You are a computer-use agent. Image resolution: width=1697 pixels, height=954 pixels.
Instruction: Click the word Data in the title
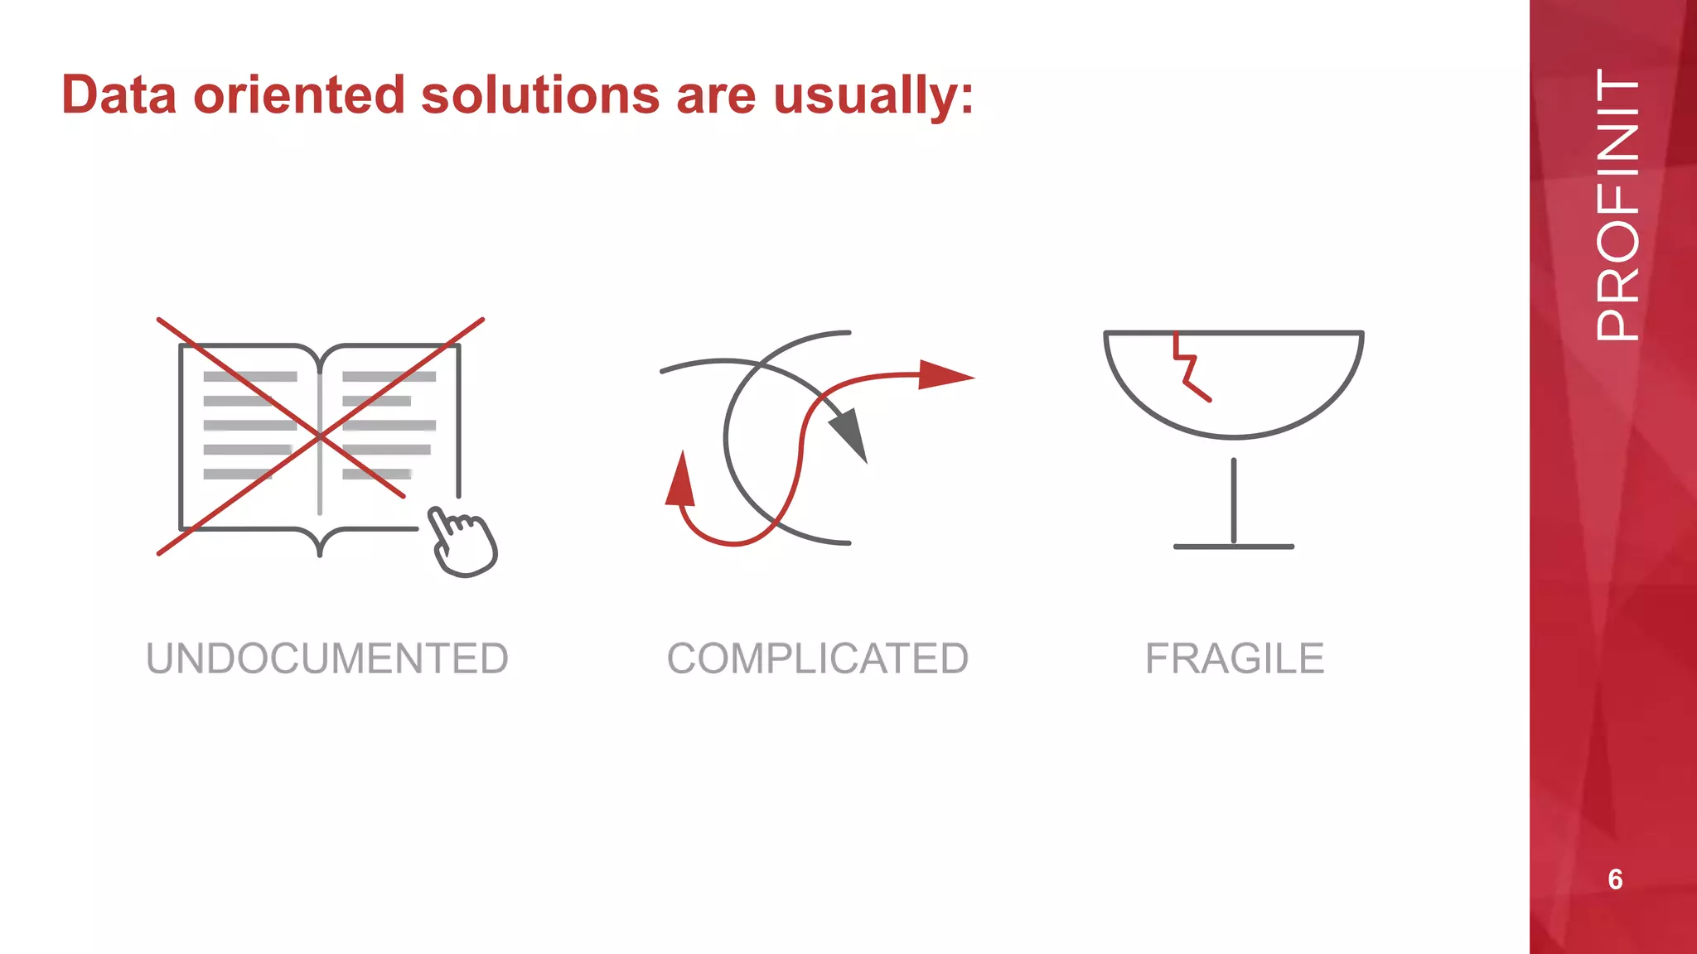[118, 95]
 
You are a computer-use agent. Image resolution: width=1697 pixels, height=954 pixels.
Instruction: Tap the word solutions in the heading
[540, 95]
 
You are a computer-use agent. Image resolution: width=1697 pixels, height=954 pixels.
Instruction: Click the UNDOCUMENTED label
[327, 659]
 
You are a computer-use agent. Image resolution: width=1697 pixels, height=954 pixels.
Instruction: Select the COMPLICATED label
[818, 659]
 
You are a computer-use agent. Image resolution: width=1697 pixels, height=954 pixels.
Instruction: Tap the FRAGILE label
[1235, 659]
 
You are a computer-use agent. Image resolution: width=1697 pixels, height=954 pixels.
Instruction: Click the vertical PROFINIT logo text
[1617, 205]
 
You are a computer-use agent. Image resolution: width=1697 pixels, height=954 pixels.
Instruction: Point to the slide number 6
[1615, 879]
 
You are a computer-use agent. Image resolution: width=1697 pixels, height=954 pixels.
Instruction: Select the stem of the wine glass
[1234, 501]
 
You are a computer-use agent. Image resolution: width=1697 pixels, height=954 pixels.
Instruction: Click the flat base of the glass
[1234, 547]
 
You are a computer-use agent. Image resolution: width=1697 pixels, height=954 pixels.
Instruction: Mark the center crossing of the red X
[320, 436]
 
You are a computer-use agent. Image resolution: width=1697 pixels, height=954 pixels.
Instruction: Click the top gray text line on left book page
[250, 377]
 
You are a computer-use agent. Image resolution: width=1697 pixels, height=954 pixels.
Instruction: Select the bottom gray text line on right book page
[377, 474]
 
